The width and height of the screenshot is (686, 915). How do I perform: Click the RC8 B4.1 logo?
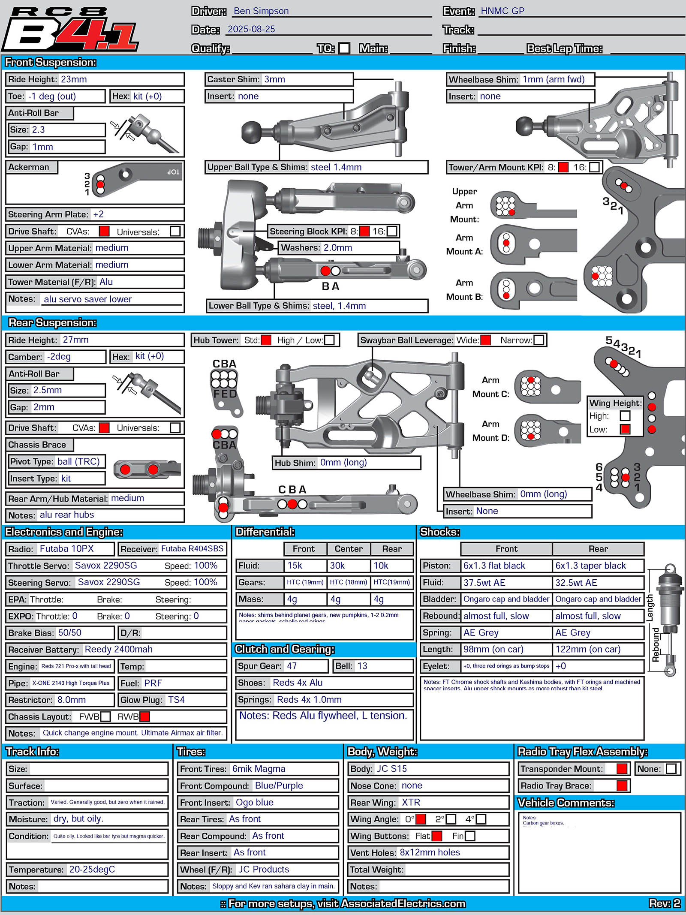click(x=71, y=29)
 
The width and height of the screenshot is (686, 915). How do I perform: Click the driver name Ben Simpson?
click(x=261, y=11)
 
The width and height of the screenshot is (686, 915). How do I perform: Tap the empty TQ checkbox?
click(x=344, y=48)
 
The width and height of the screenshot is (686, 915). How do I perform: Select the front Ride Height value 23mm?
click(x=74, y=79)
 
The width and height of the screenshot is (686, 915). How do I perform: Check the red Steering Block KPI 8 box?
click(x=364, y=232)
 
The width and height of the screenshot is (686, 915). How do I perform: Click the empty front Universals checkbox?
click(x=175, y=232)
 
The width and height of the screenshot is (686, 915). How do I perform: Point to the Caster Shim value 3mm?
click(x=274, y=79)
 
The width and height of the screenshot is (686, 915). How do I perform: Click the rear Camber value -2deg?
click(x=59, y=357)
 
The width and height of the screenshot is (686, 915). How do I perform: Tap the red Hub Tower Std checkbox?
click(x=266, y=340)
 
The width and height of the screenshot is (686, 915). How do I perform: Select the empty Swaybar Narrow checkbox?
click(x=539, y=340)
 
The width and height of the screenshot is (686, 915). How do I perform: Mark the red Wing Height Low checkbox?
click(x=625, y=429)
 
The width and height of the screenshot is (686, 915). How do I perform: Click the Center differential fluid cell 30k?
click(x=337, y=566)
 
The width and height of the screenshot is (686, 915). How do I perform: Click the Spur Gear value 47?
click(x=292, y=666)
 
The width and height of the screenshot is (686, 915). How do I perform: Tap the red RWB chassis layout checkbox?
click(x=145, y=716)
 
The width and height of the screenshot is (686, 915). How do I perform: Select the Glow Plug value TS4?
click(x=176, y=700)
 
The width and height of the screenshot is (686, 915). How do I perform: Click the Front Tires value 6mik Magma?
click(x=259, y=769)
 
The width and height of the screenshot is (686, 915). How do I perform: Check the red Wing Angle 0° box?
click(x=421, y=819)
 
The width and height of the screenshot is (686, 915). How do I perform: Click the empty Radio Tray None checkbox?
click(x=671, y=769)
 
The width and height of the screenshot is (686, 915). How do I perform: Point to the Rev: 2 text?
click(x=665, y=903)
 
